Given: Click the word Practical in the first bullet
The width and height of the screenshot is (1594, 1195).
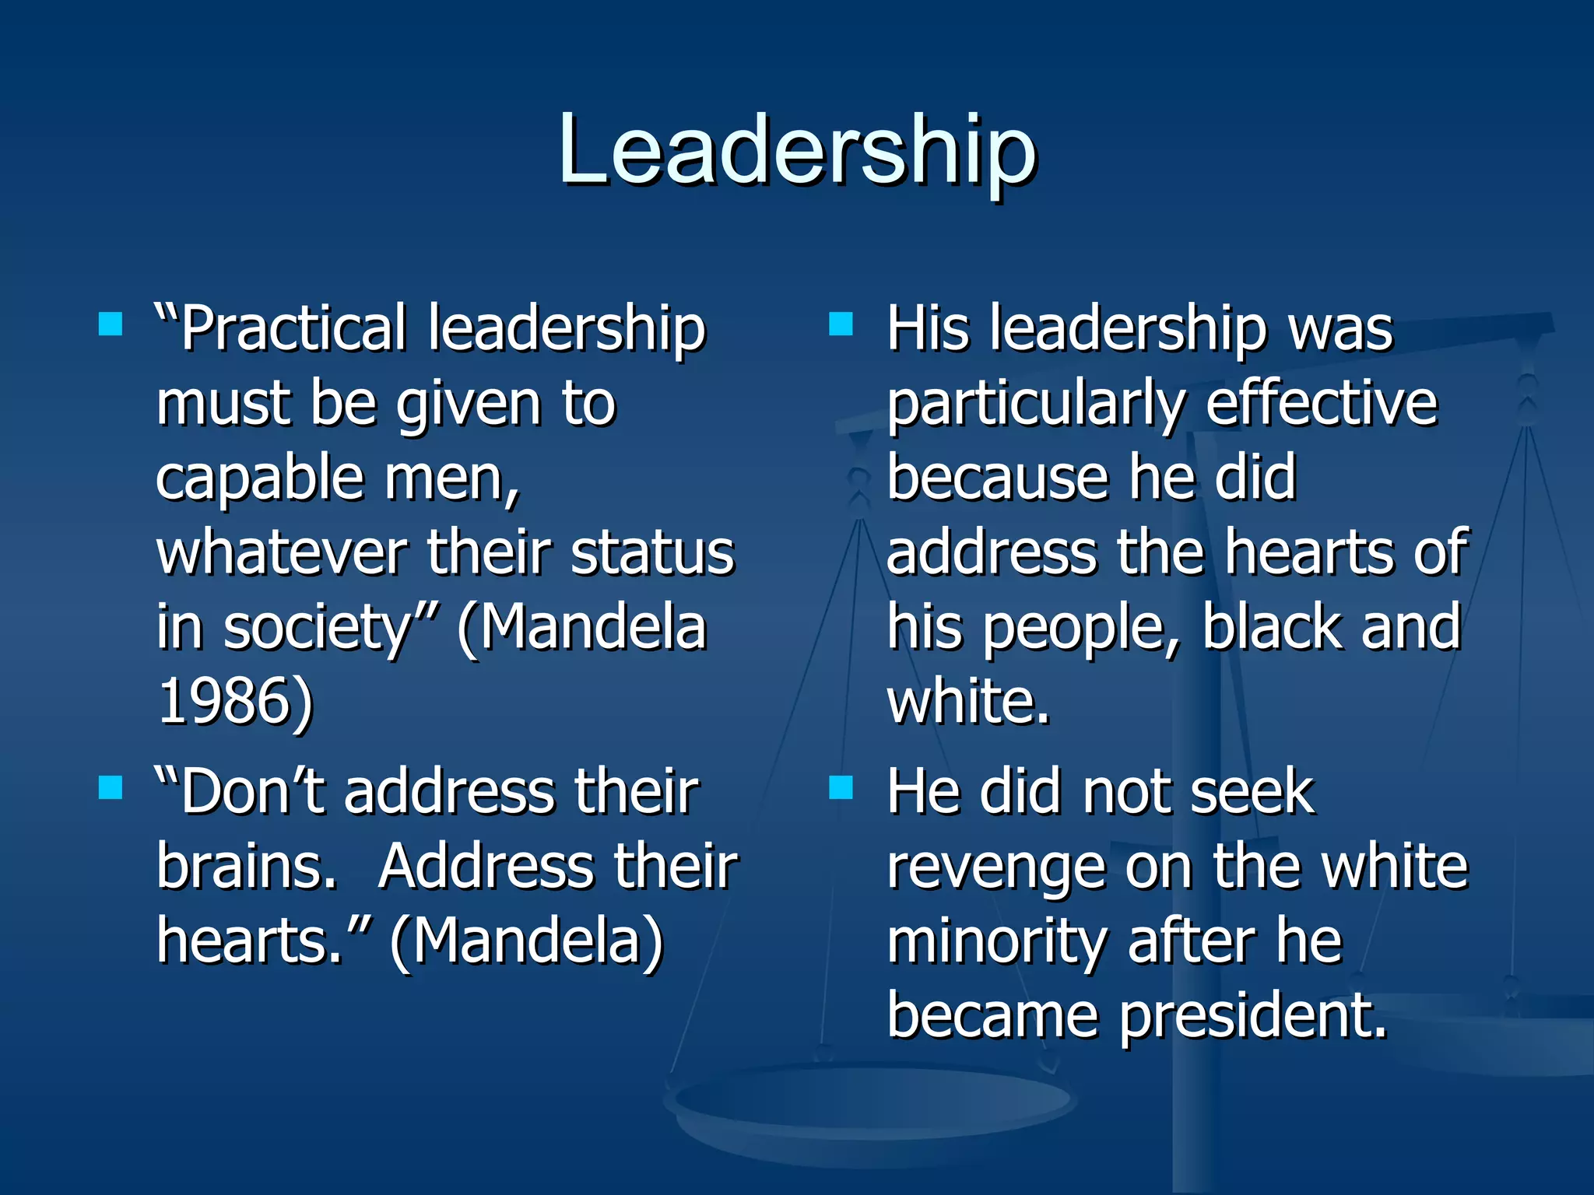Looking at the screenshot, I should (x=293, y=329).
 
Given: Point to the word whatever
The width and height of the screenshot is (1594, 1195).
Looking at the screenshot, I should (x=282, y=552).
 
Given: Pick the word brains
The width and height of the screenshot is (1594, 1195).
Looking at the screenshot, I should (x=246, y=867).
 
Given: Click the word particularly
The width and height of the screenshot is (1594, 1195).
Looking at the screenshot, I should (x=1036, y=405).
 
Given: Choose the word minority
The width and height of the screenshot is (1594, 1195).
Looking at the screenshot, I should (x=997, y=941).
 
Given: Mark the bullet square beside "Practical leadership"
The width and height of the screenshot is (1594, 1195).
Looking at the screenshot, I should (x=111, y=323).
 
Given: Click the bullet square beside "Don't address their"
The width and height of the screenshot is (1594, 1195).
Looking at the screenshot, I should (x=111, y=787).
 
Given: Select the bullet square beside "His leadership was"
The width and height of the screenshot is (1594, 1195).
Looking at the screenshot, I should (x=841, y=323).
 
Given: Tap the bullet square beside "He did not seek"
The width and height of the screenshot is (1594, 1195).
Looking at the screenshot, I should (x=841, y=787).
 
